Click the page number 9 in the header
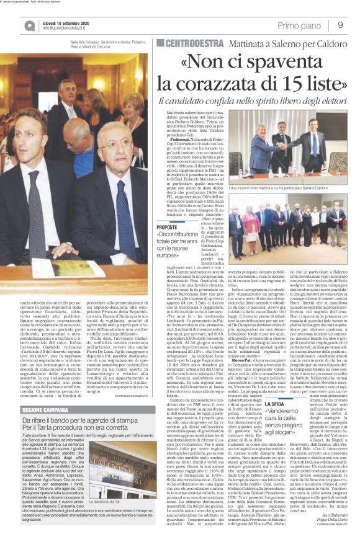click(341, 24)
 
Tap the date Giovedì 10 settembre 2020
click(66, 21)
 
